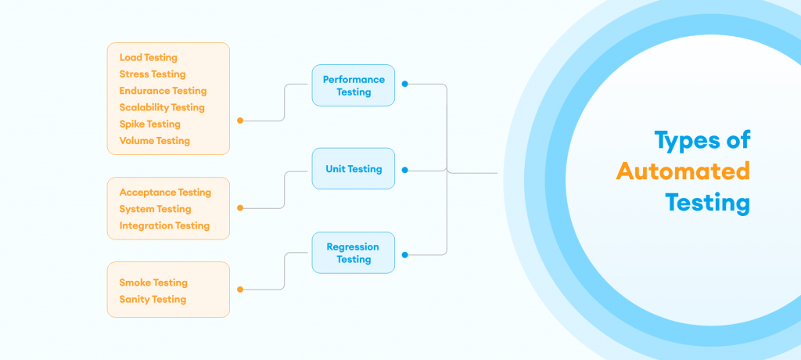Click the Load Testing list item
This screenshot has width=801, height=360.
149,57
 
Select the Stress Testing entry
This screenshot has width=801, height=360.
153,74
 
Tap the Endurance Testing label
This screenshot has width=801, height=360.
163,91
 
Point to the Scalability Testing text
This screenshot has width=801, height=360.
162,107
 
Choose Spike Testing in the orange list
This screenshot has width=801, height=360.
149,124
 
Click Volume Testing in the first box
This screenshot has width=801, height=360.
154,141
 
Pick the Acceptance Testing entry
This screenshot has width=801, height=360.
165,192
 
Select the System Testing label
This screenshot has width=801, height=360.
155,209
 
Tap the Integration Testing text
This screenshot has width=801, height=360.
164,225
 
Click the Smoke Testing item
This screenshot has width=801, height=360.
153,283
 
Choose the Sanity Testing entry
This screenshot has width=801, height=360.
153,299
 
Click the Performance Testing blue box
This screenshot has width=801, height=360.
354,85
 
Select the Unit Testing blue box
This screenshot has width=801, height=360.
354,168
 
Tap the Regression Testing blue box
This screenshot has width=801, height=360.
353,253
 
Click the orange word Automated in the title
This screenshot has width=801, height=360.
683,171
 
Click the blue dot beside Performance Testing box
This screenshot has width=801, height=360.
404,84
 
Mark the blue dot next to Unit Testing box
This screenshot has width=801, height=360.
404,169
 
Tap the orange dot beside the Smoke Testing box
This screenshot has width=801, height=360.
240,290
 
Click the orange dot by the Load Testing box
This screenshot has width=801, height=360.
240,121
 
